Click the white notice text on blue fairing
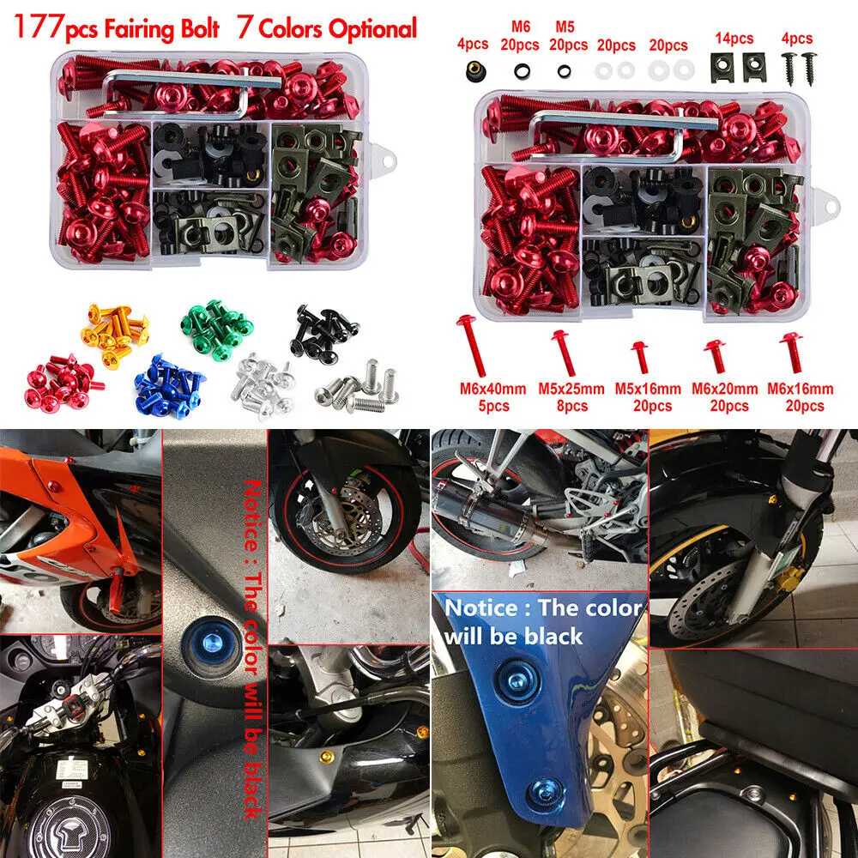(541, 622)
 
